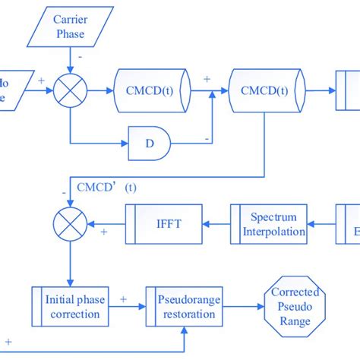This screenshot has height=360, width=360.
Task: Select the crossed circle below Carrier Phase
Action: (70, 90)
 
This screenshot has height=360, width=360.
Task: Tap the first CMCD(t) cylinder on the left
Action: (152, 90)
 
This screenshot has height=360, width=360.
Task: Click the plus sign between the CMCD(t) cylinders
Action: (207, 78)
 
